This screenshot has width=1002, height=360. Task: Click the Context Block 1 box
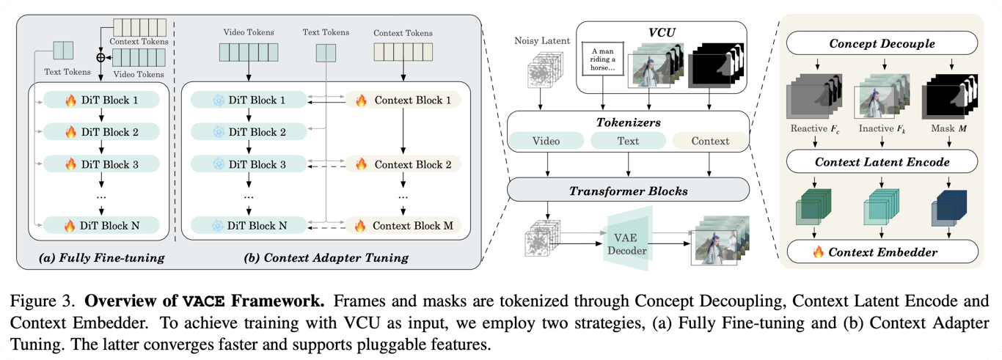(403, 100)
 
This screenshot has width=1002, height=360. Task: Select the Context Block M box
(403, 226)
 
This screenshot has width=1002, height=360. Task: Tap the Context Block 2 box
(403, 164)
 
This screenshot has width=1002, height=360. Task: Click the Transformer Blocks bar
(629, 190)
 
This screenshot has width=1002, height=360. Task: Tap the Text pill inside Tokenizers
(628, 141)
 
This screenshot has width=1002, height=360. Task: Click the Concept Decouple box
(882, 44)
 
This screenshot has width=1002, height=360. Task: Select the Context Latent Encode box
(882, 161)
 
